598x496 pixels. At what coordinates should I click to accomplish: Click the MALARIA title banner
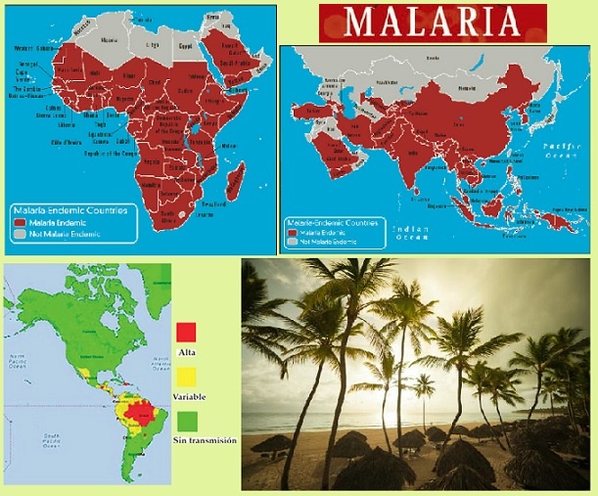(x=433, y=21)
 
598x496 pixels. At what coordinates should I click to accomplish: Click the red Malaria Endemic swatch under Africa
(x=19, y=223)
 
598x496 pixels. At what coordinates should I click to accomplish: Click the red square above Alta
(x=188, y=331)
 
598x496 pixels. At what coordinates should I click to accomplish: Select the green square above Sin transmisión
(x=188, y=419)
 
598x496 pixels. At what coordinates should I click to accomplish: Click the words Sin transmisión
(x=206, y=441)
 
